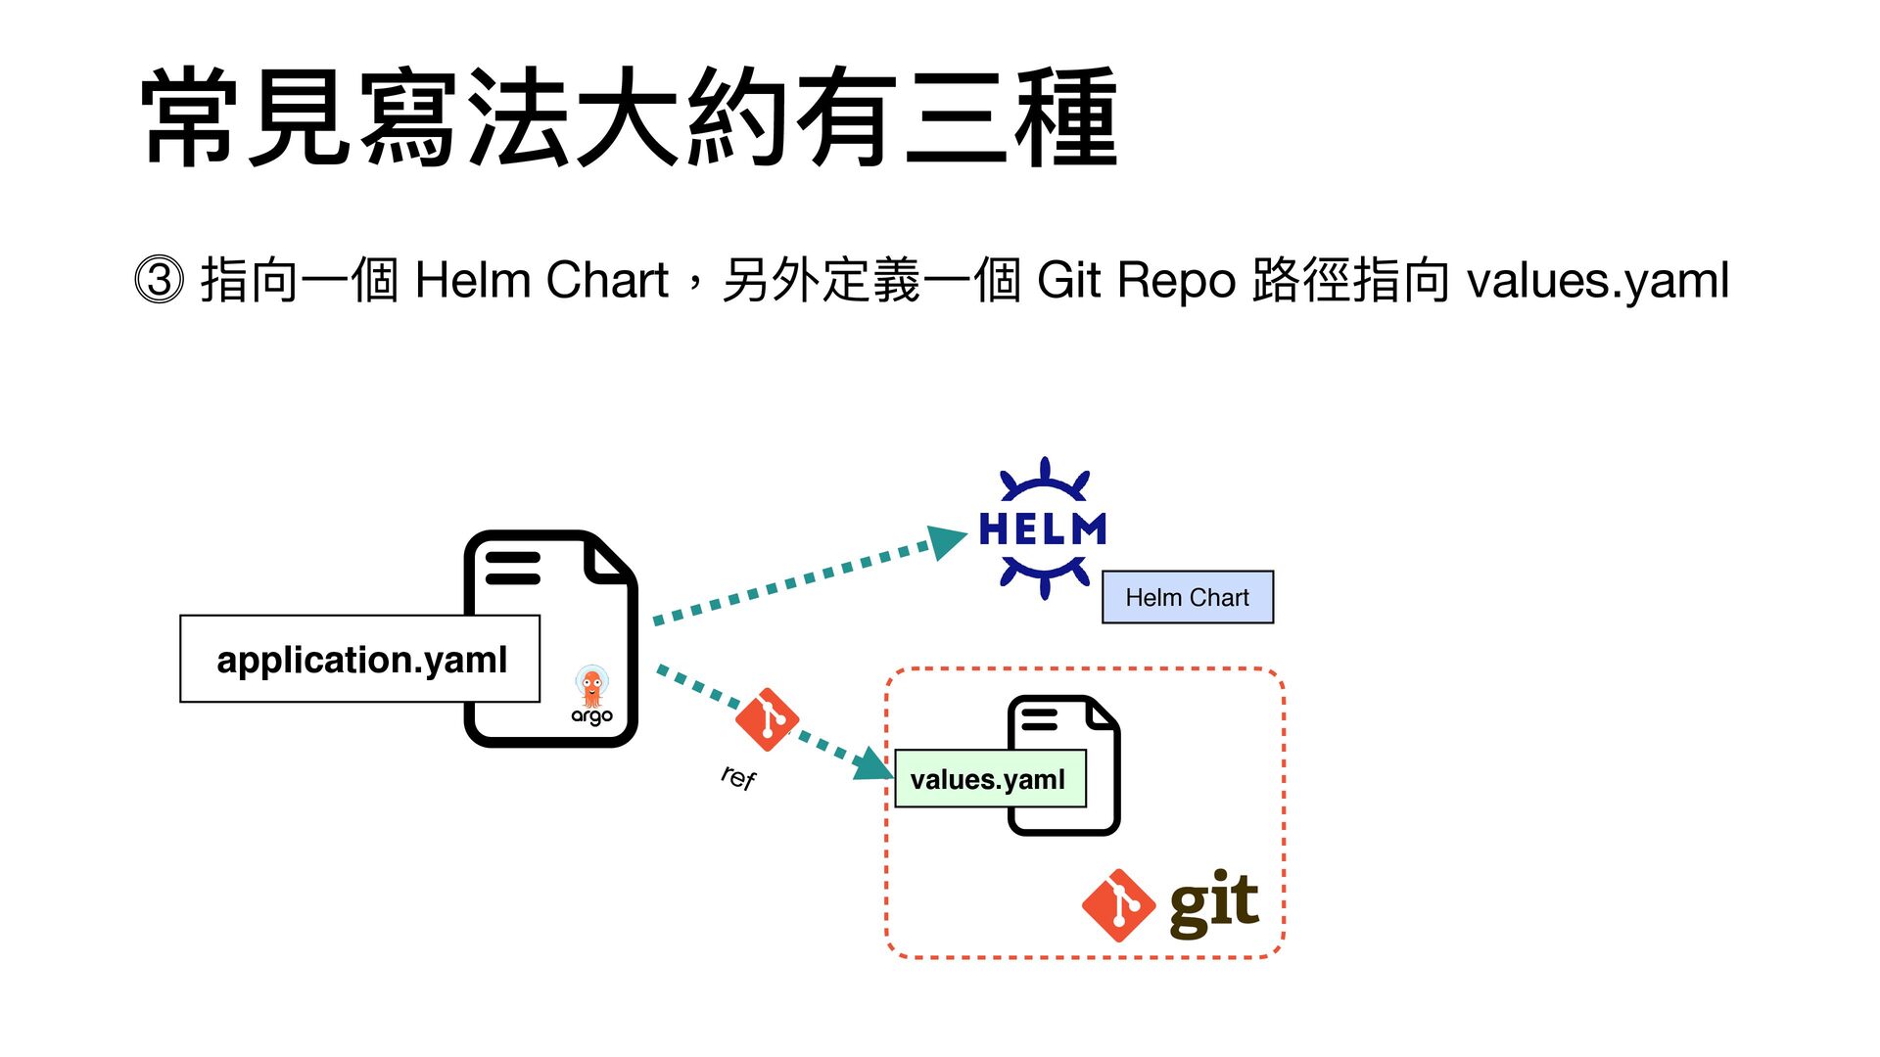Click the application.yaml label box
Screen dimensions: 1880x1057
coord(359,659)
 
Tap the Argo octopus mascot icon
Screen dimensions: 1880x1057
coord(590,686)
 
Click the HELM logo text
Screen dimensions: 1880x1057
coord(1043,529)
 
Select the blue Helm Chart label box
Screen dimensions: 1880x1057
coord(1188,597)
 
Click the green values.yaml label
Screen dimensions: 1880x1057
coord(990,779)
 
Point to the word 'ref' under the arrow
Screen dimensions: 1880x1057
coord(738,777)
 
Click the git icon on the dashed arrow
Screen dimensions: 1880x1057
coord(767,719)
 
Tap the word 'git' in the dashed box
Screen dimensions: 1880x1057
coord(1214,903)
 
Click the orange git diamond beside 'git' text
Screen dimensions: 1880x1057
coord(1118,905)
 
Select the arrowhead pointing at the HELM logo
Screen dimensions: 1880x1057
coord(947,541)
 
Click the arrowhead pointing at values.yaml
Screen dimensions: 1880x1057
coord(873,764)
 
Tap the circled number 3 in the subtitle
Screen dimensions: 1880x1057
coord(159,280)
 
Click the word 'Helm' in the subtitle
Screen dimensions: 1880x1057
coord(472,280)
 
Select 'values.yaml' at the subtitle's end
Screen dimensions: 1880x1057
coord(1598,282)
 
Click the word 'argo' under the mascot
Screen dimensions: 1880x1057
coord(591,716)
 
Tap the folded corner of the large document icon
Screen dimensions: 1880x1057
coord(607,560)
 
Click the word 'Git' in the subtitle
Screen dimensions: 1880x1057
coord(1069,280)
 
